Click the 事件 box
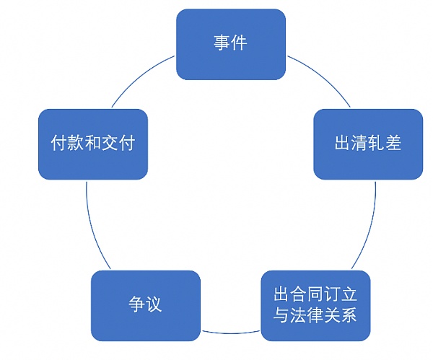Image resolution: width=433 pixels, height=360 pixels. (x=230, y=43)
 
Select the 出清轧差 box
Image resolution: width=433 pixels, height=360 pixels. (x=368, y=143)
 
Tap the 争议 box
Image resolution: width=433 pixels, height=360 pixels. (x=144, y=304)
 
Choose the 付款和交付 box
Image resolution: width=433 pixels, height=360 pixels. (x=93, y=143)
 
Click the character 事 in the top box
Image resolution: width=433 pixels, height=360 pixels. (x=222, y=43)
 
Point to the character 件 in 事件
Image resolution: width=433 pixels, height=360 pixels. (x=239, y=43)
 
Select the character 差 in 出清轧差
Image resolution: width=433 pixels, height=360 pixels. (x=393, y=143)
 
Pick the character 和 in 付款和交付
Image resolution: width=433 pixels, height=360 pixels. (x=93, y=143)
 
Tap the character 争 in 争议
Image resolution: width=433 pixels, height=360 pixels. (x=136, y=304)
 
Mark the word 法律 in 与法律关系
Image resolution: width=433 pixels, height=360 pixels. (x=315, y=316)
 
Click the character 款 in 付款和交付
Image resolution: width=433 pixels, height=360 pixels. (x=76, y=143)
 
